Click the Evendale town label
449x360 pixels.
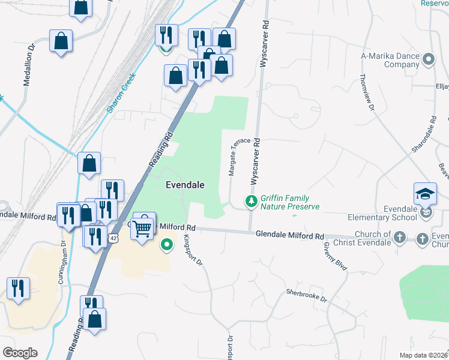coord(181,185)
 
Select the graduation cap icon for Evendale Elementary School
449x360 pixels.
coord(425,194)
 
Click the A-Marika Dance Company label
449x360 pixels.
coord(390,60)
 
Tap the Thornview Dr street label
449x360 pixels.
coord(367,93)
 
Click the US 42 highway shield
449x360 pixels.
coord(113,238)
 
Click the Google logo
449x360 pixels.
coord(19,353)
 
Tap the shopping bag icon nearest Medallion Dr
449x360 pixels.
coord(61,41)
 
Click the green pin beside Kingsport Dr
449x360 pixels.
coord(167,245)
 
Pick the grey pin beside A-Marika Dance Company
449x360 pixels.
coord(428,59)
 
